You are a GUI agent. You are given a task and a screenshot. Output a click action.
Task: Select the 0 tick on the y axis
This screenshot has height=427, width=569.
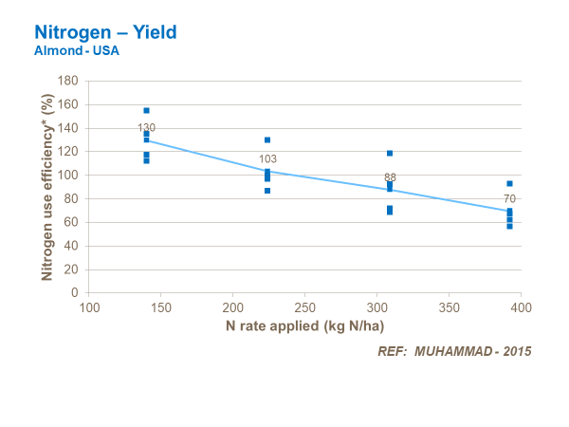click(75, 293)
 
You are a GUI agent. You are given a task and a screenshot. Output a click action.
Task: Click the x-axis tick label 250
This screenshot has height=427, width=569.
click(305, 308)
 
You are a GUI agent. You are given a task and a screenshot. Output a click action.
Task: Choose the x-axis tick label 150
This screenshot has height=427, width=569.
click(161, 308)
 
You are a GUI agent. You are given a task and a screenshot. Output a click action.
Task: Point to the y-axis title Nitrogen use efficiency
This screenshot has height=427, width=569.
click(46, 186)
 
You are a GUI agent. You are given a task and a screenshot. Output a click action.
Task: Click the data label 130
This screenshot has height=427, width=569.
click(146, 127)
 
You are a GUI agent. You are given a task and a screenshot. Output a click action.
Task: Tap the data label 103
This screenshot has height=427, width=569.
click(268, 158)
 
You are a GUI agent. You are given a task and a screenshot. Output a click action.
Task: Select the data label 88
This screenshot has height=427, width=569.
click(390, 177)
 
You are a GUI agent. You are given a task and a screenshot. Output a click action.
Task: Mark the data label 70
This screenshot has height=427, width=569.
click(509, 198)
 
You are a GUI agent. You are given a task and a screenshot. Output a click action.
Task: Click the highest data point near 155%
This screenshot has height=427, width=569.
click(146, 111)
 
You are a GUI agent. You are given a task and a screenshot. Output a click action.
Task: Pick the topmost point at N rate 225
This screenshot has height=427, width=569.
click(267, 140)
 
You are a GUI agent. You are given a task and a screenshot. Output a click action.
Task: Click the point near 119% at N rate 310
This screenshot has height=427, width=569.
click(389, 153)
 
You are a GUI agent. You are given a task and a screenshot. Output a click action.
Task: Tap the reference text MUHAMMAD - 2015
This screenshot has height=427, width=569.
click(454, 351)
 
